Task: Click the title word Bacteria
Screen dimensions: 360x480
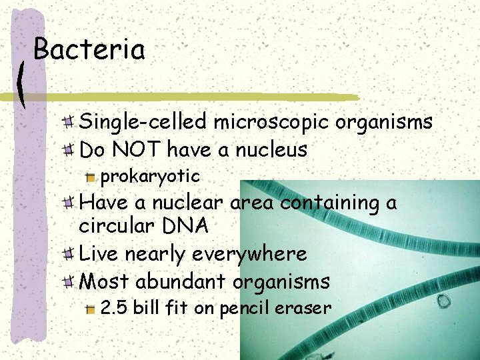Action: [89, 50]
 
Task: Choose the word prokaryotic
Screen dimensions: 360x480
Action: [149, 176]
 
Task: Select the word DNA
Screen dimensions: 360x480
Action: [185, 226]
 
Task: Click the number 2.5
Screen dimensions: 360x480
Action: [113, 307]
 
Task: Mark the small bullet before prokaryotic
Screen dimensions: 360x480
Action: [91, 177]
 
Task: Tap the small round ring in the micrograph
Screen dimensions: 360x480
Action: [443, 302]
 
